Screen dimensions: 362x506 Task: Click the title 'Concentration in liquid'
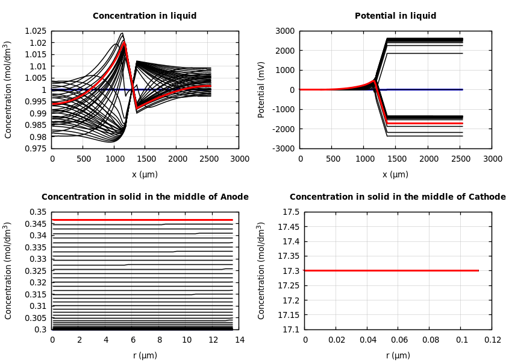145,16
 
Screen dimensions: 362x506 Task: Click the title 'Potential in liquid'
395,16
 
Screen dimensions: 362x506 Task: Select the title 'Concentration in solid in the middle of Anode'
145,197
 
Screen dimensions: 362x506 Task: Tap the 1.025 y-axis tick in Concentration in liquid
36,31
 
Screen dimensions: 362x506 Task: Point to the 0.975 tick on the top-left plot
36,148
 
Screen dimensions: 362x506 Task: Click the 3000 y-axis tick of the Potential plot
285,31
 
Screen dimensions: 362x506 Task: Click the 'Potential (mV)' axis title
261,89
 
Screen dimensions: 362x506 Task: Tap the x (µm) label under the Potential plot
395,174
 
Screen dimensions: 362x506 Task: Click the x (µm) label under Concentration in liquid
145,174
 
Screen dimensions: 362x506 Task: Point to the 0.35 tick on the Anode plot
38,212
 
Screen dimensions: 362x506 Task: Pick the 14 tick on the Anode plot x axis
239,340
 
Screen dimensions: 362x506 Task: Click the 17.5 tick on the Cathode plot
290,212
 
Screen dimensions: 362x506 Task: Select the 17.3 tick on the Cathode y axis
290,271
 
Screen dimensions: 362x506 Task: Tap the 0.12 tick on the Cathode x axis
492,340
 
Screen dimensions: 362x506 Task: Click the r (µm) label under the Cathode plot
398,355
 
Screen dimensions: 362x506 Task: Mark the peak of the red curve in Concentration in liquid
124,43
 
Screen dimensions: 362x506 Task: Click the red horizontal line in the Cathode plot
392,270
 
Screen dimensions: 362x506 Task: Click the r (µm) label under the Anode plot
145,355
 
